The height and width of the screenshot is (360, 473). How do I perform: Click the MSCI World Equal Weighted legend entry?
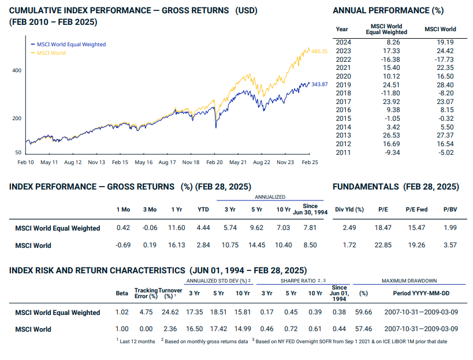pyautogui.click(x=71, y=44)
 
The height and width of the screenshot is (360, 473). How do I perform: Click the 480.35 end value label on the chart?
pyautogui.click(x=319, y=51)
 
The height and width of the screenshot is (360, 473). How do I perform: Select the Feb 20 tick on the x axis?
pyautogui.click(x=214, y=162)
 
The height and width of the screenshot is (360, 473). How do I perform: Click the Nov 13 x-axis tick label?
pyautogui.click(x=96, y=162)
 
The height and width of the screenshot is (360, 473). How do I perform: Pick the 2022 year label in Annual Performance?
pyautogui.click(x=343, y=59)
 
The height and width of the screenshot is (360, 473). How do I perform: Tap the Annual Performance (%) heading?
pyautogui.click(x=388, y=10)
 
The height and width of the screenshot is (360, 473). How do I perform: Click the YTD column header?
pyautogui.click(x=203, y=209)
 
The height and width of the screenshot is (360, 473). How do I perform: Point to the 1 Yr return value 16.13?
pyautogui.click(x=176, y=245)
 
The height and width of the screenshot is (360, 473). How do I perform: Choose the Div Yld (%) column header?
pyautogui.click(x=349, y=209)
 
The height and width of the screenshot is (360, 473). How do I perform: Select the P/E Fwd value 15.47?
pyautogui.click(x=415, y=228)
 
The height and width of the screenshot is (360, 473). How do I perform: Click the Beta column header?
pyautogui.click(x=122, y=293)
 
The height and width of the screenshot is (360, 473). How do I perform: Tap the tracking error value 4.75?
pyautogui.click(x=146, y=313)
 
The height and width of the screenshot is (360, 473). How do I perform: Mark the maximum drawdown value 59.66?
pyautogui.click(x=363, y=313)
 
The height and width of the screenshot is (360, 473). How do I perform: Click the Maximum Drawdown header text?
pyautogui.click(x=409, y=281)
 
